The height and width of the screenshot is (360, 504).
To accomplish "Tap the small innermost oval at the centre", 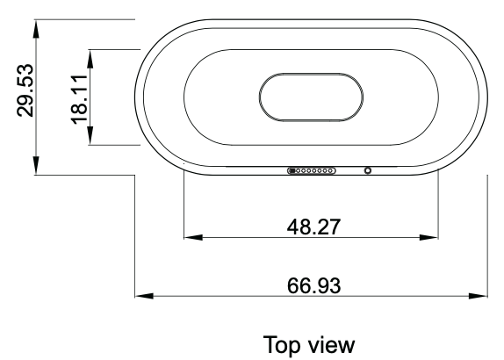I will (x=313, y=95).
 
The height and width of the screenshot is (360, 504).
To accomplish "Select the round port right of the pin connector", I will (x=367, y=170).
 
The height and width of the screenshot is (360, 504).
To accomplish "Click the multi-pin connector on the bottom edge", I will (x=312, y=170).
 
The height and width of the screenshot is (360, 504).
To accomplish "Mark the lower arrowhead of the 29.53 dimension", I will (x=35, y=167).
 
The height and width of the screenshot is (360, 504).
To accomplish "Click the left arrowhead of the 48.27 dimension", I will (x=190, y=237).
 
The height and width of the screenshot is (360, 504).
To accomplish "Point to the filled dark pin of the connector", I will (x=292, y=170).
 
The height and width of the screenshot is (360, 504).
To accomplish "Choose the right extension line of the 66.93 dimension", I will (x=486, y=237).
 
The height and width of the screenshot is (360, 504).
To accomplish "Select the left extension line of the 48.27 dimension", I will (x=183, y=206).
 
